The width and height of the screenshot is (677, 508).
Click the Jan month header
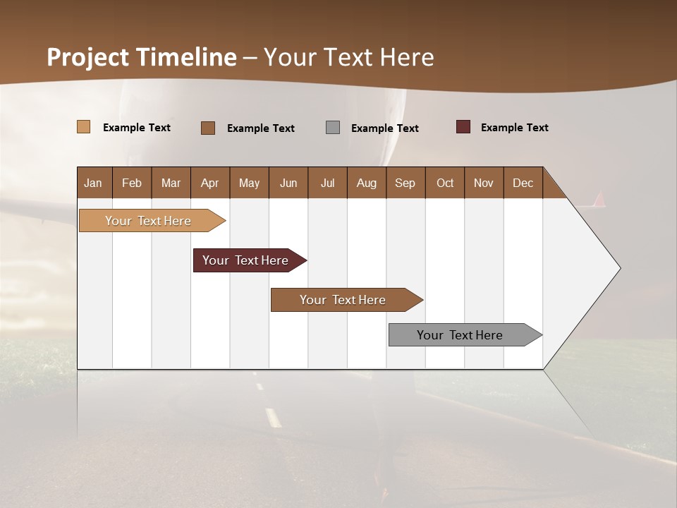tap(94, 183)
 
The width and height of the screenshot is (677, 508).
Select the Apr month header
tap(209, 183)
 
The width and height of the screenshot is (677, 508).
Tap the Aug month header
tap(366, 183)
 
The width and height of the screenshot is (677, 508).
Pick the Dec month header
tap(523, 183)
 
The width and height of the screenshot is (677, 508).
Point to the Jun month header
tap(288, 183)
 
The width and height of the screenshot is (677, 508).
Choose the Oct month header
tap(444, 183)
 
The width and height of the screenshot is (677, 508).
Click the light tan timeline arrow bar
tap(148, 221)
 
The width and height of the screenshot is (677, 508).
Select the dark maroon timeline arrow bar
tap(245, 260)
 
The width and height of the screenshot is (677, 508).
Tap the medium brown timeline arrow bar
tap(343, 300)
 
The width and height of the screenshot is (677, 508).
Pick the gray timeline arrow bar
tap(460, 335)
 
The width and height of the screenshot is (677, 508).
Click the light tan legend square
tap(83, 127)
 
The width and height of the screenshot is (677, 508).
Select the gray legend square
tap(333, 127)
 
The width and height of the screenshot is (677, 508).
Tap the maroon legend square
tap(463, 127)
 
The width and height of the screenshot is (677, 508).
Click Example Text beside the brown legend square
tap(260, 128)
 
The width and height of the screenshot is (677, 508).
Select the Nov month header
tap(483, 183)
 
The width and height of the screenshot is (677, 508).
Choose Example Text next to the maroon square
tap(514, 128)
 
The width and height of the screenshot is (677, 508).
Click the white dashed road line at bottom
tap(273, 418)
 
